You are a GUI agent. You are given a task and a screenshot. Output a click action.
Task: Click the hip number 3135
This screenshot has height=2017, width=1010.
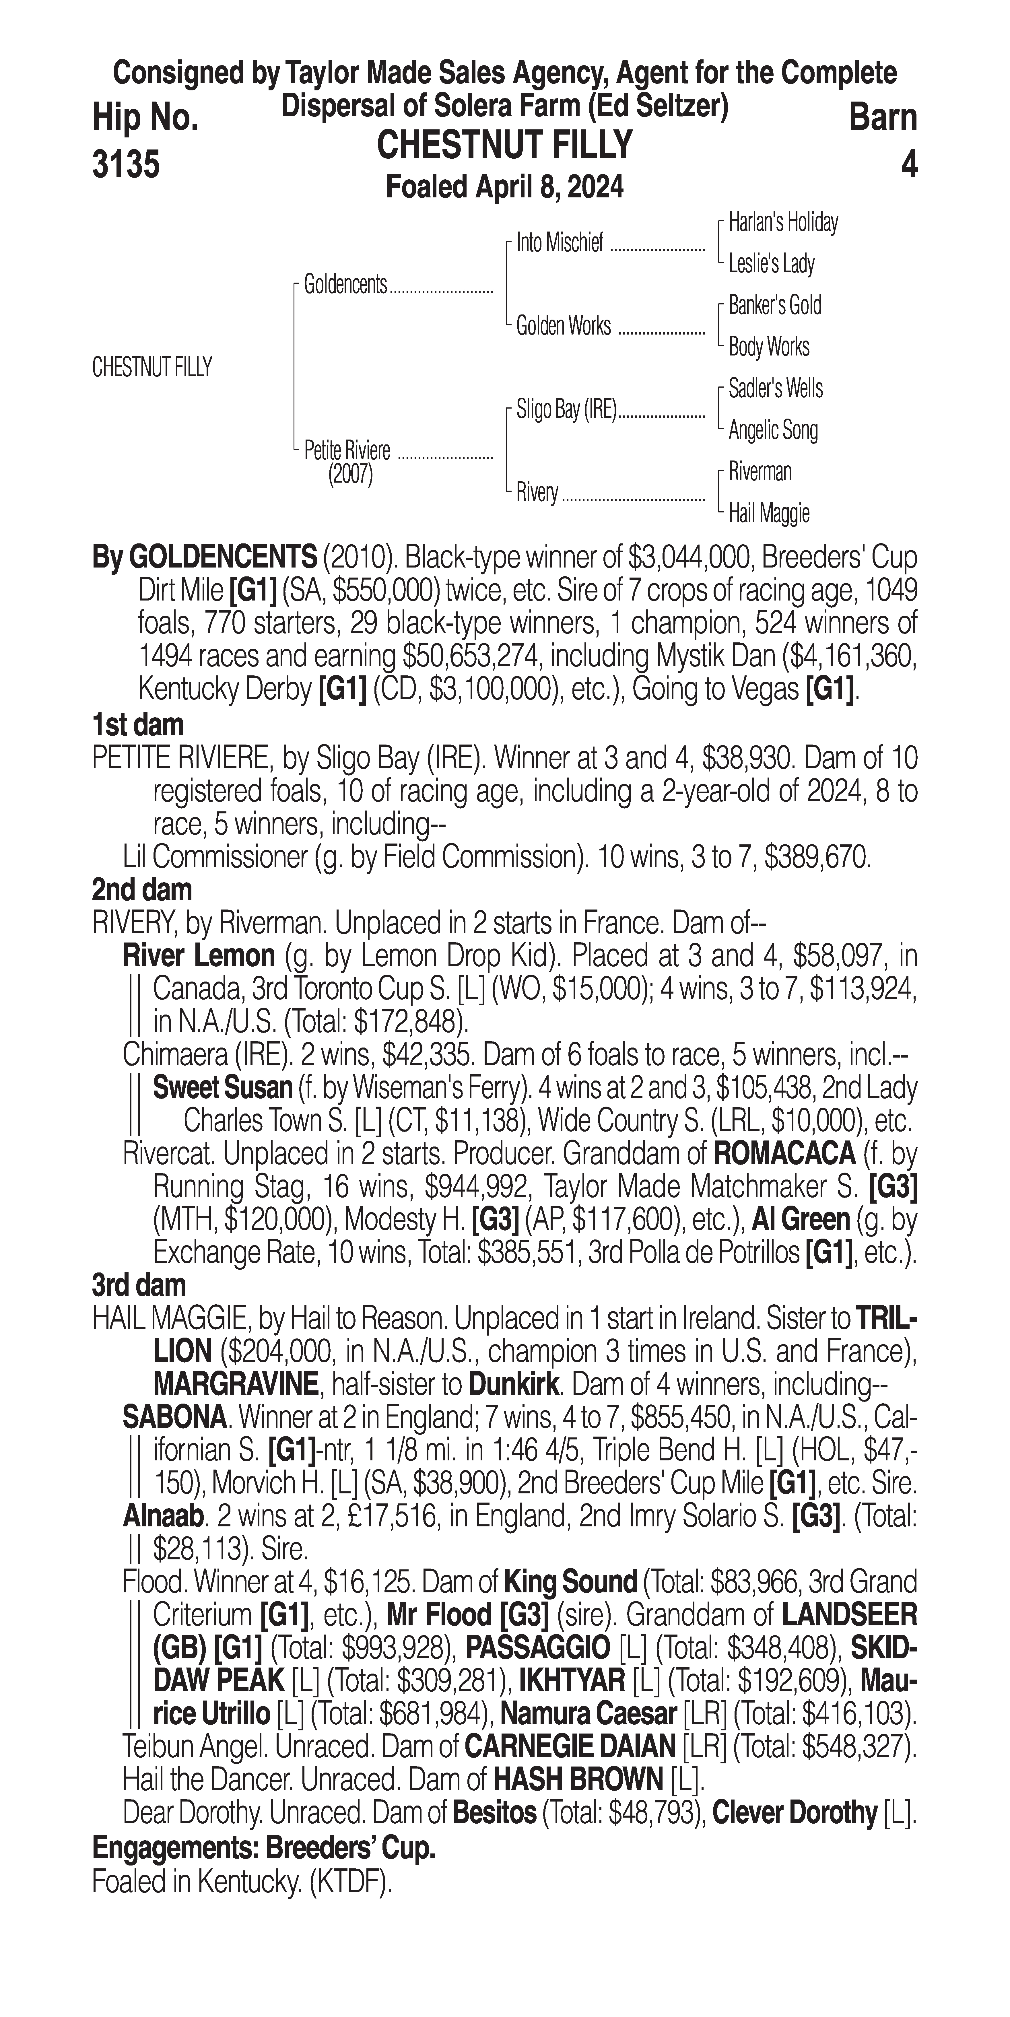[126, 164]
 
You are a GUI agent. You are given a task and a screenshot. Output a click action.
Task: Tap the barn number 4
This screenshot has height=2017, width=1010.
[908, 164]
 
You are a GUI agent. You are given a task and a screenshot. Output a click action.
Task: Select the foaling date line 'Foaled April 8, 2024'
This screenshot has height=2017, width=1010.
[505, 187]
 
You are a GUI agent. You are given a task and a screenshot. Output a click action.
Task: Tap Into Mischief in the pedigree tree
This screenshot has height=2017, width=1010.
[560, 244]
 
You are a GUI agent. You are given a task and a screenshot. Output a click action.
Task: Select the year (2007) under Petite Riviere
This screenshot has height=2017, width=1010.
[350, 475]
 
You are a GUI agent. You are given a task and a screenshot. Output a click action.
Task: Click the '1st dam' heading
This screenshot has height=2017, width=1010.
[138, 725]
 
